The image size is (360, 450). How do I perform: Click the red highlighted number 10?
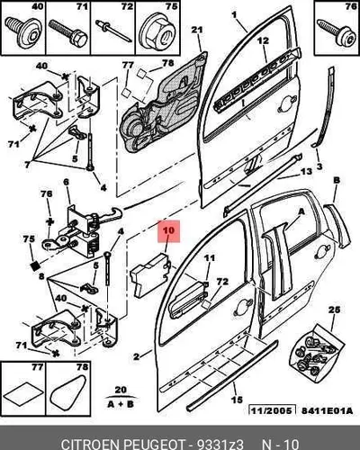pos(169,230)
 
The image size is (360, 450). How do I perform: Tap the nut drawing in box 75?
pos(157,32)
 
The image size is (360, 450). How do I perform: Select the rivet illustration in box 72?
pos(113,31)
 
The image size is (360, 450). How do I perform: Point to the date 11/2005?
pos(272,410)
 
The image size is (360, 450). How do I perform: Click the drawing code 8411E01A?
pos(327,410)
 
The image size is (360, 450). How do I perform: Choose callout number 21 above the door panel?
pos(197,30)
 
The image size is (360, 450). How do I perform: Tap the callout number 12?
pos(263,40)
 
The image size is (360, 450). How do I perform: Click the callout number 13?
pos(306,172)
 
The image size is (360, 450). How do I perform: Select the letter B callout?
pos(337,181)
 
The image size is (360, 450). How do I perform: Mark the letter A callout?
pos(301,211)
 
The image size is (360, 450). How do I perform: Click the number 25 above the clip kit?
pos(334,310)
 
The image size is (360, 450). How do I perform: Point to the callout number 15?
pos(237,400)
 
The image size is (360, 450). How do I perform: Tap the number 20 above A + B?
pos(121,390)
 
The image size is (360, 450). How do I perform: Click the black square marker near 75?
pos(35,265)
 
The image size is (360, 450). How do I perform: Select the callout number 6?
pos(66,182)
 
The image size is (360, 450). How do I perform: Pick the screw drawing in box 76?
pos(336,32)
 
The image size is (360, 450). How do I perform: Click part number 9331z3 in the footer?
pos(220,444)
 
